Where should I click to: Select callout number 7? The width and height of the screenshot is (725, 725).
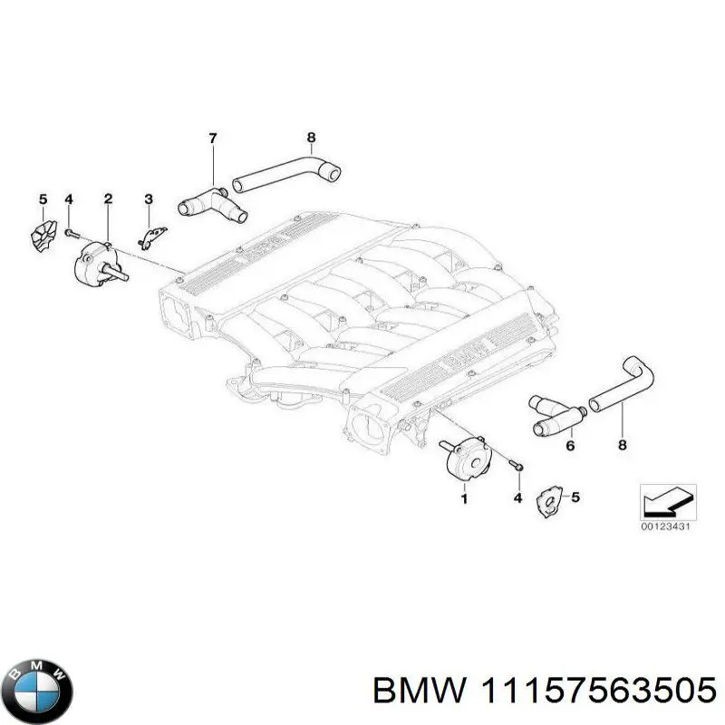(213, 139)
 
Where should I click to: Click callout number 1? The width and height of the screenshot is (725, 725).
(465, 498)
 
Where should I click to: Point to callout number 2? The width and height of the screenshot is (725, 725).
(108, 198)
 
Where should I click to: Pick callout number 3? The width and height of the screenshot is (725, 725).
(149, 198)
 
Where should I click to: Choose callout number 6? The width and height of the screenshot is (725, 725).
(570, 446)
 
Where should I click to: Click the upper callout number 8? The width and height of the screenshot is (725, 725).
(311, 139)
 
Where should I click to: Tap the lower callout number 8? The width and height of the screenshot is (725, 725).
(622, 446)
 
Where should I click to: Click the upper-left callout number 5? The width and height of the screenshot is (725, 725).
(41, 198)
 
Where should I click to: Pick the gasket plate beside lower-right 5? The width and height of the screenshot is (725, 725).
(548, 500)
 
